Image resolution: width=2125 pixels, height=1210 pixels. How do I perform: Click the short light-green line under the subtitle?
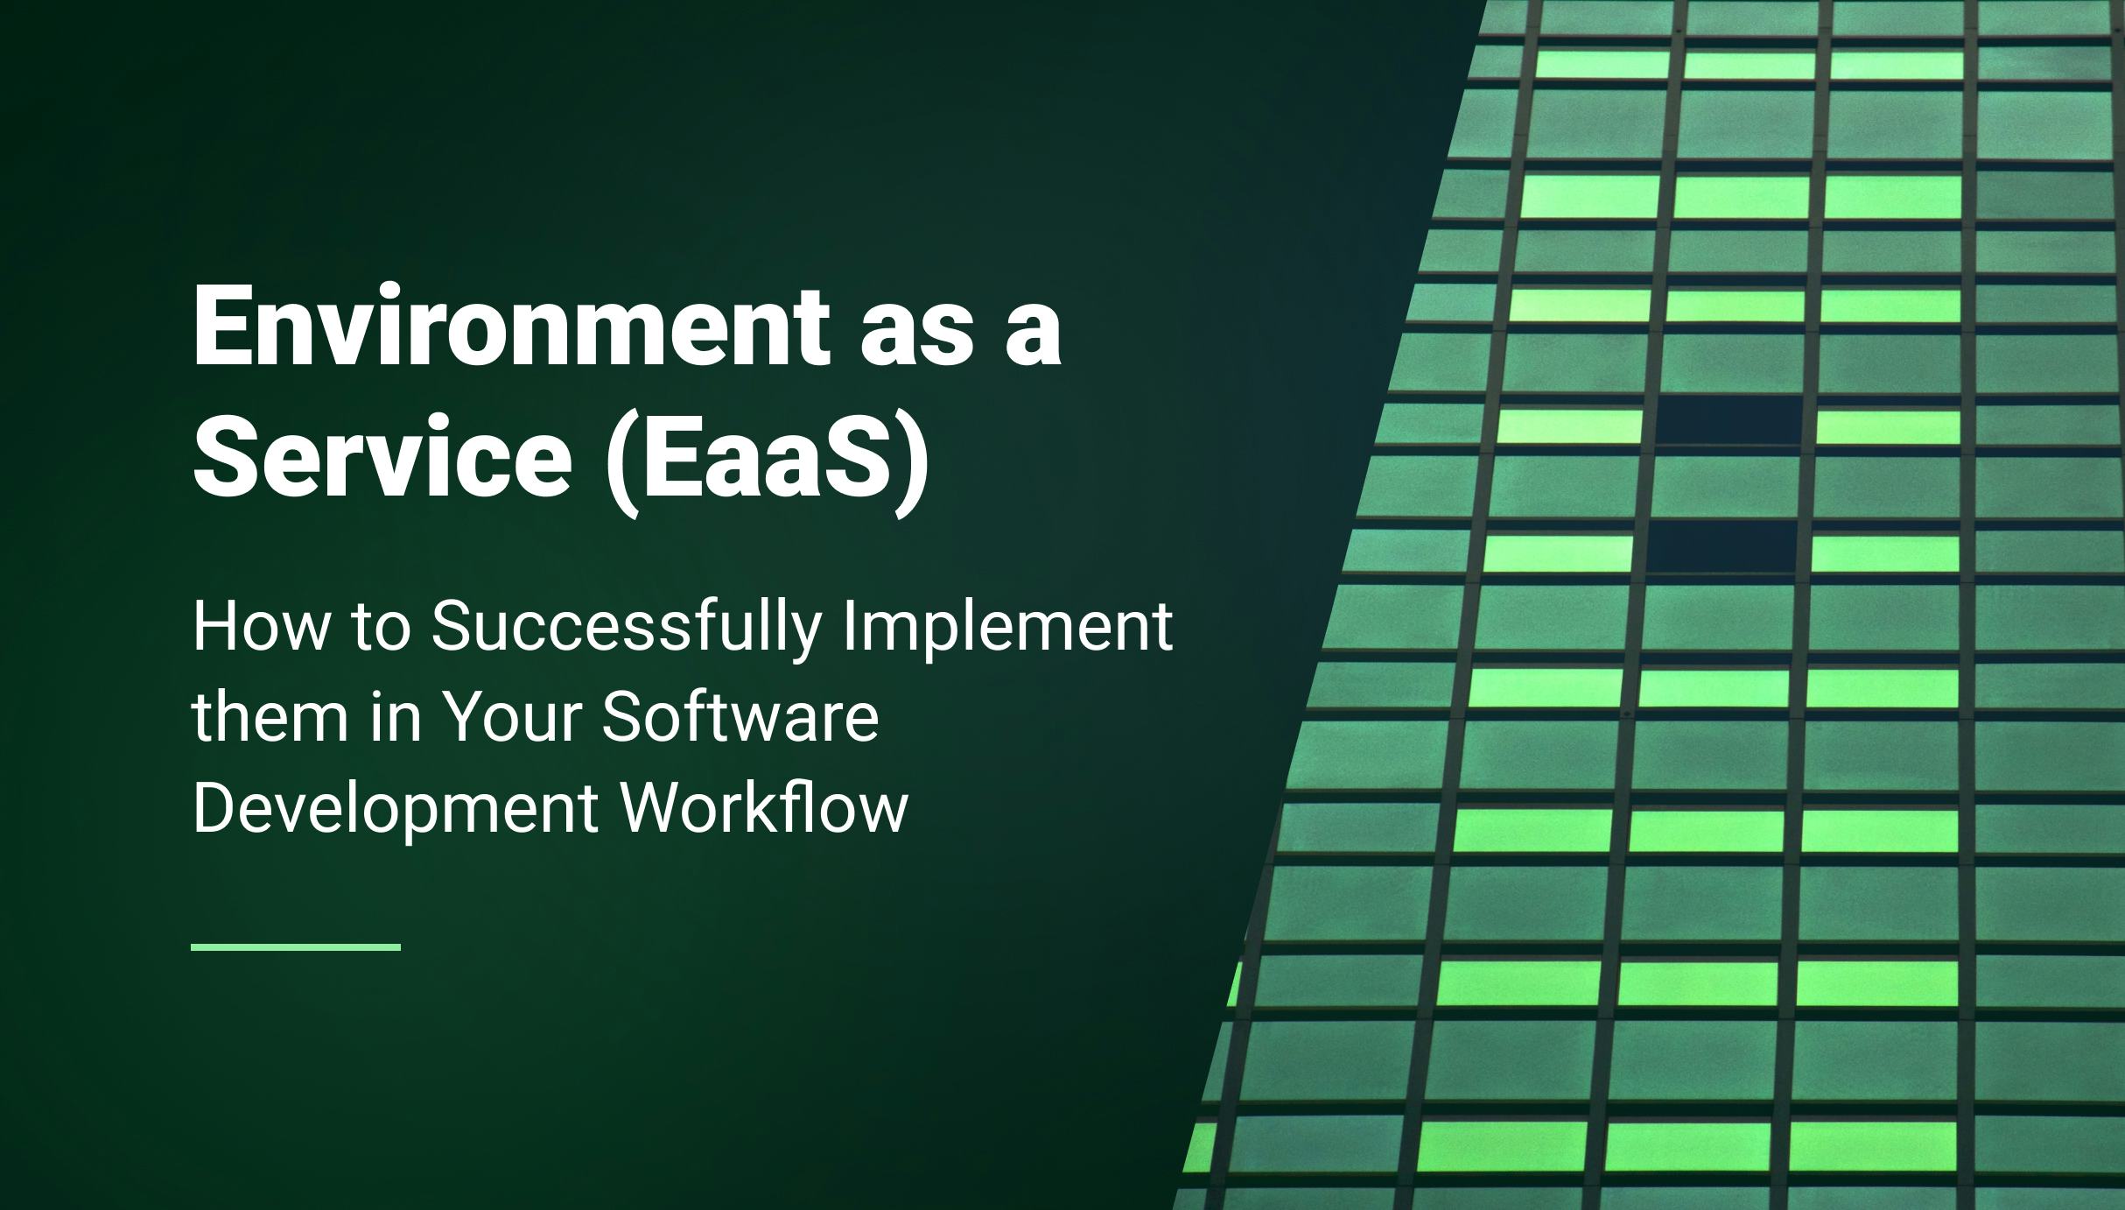[296, 946]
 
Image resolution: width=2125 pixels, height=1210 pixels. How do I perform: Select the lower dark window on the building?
[1719, 549]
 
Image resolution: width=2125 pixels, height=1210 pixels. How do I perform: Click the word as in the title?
[918, 336]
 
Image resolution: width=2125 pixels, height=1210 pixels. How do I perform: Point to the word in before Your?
[396, 715]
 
